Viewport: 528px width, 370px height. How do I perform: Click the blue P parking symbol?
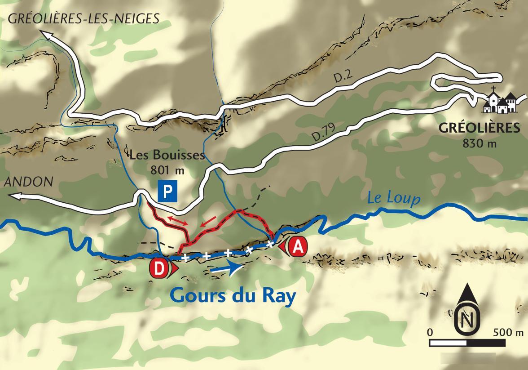(x=167, y=192)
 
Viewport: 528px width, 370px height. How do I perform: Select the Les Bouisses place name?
(x=167, y=156)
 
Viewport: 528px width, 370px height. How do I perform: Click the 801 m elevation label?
(x=166, y=170)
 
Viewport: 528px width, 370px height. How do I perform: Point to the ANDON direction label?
(x=28, y=182)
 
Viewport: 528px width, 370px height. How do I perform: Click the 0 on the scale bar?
(x=430, y=333)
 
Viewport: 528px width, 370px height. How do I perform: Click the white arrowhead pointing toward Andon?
(x=13, y=196)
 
